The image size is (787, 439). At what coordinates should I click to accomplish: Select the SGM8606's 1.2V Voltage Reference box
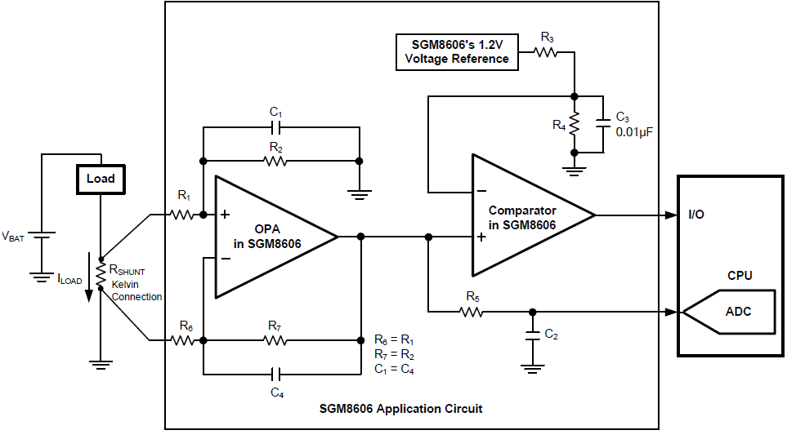coord(456,51)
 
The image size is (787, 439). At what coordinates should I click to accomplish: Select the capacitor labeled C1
coord(276,127)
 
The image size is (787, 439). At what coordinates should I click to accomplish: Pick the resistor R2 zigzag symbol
coord(276,161)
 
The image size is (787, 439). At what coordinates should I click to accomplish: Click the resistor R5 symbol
coord(471,311)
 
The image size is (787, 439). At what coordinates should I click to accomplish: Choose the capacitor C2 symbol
coord(532,335)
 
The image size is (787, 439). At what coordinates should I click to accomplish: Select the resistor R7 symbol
coord(276,339)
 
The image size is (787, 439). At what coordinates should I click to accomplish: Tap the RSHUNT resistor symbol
coord(101,274)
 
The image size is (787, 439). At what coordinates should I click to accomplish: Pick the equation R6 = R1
coord(395,339)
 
